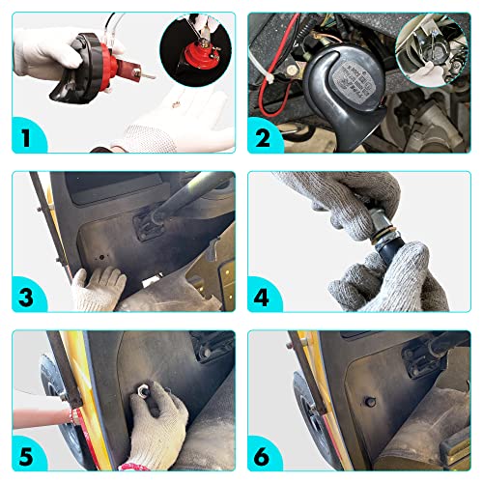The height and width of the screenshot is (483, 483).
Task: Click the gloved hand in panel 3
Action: (99, 286)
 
